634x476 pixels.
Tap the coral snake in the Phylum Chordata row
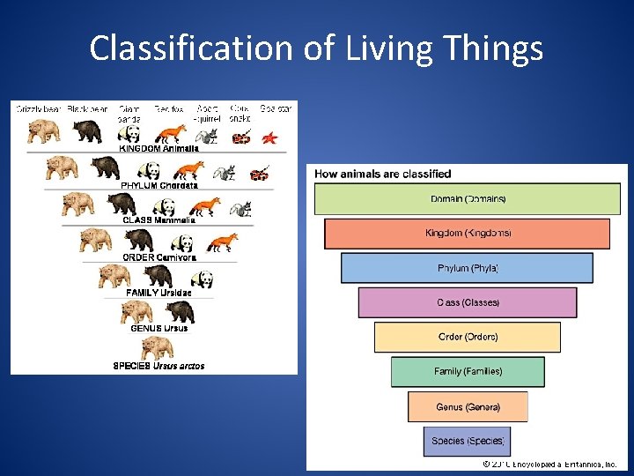[260, 173]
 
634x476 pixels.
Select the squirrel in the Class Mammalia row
[240, 209]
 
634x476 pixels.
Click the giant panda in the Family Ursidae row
[202, 279]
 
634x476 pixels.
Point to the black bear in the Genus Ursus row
[180, 311]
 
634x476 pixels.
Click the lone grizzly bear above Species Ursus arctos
[157, 347]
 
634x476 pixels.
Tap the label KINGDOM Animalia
[159, 149]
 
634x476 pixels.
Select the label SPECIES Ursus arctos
[158, 366]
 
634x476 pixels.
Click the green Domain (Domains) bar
[468, 199]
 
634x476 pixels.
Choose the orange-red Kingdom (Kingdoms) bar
[468, 234]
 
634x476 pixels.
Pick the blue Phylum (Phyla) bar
[468, 268]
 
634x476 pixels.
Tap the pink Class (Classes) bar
[468, 302]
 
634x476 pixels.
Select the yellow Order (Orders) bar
[468, 337]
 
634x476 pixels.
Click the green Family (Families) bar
[468, 371]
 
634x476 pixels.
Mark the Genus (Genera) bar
[468, 406]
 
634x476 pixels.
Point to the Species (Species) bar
[468, 441]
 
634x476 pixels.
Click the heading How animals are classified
[383, 174]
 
